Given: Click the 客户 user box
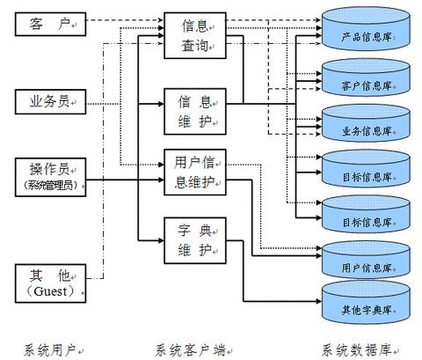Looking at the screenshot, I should [x=49, y=23].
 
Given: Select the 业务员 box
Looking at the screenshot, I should [x=49, y=104].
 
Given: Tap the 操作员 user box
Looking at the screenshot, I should [x=49, y=178].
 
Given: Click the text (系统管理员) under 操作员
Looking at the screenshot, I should [x=49, y=187].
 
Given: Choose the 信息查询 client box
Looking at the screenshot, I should [x=194, y=36].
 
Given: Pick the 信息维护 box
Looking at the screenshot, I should [x=194, y=110].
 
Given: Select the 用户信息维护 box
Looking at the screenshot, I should [x=194, y=172].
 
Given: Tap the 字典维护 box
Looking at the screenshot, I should [x=194, y=238].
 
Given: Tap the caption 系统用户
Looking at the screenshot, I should [x=49, y=349].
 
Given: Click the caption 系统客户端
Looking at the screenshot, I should [x=191, y=349].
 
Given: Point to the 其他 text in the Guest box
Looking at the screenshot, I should [x=49, y=275].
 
